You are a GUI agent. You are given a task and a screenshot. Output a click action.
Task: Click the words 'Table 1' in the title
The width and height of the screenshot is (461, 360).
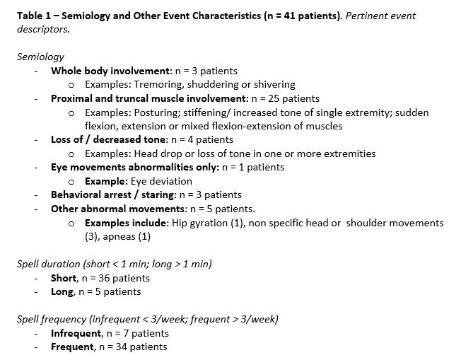pos(35,16)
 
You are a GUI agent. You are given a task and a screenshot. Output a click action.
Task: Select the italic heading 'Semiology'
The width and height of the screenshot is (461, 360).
pos(40,57)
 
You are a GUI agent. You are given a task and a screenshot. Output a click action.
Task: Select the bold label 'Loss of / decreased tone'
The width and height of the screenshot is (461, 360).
pos(107,139)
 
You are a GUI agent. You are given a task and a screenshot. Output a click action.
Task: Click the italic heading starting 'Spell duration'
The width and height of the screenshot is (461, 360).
pos(114,265)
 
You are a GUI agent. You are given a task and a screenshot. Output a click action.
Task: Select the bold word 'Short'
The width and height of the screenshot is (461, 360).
pos(64,278)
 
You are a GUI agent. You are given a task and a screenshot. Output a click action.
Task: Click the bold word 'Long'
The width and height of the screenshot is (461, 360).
pos(62,291)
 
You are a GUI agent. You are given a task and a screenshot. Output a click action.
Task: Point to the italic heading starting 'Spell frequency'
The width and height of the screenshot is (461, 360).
pos(147,319)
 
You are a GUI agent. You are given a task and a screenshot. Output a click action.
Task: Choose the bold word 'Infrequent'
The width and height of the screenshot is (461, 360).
pos(76,333)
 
